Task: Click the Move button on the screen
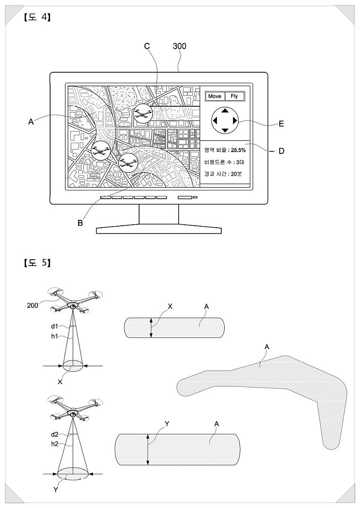(214, 96)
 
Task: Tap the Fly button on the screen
(234, 96)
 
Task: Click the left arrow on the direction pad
(214, 120)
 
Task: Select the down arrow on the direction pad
(225, 130)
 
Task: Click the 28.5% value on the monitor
(238, 150)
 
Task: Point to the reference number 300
(180, 46)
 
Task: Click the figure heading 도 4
(36, 19)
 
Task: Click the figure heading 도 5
(36, 263)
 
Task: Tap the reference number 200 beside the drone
(33, 305)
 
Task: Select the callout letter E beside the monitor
(281, 124)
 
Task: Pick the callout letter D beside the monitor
(281, 151)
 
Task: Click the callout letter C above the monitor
(147, 46)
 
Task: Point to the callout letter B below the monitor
(80, 222)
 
